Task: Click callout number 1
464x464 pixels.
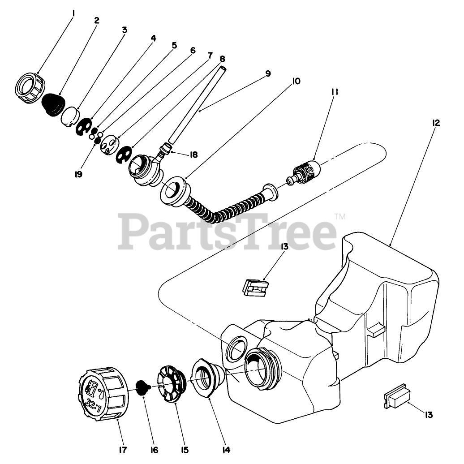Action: (73, 13)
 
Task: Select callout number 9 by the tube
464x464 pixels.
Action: (268, 73)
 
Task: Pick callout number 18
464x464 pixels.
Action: (193, 155)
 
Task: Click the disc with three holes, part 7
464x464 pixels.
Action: (109, 146)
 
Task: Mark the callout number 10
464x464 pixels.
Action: (296, 81)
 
